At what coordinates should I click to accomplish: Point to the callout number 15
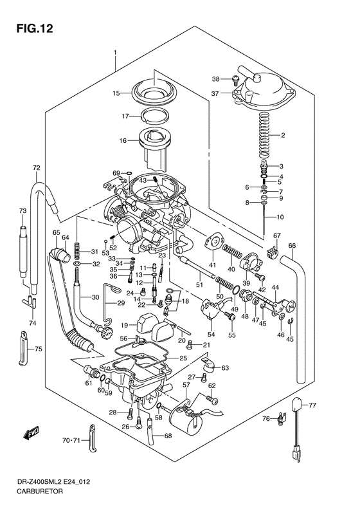point(116,93)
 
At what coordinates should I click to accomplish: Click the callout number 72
point(36,168)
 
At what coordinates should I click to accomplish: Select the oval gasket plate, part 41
point(210,243)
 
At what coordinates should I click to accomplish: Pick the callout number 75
point(39,349)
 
